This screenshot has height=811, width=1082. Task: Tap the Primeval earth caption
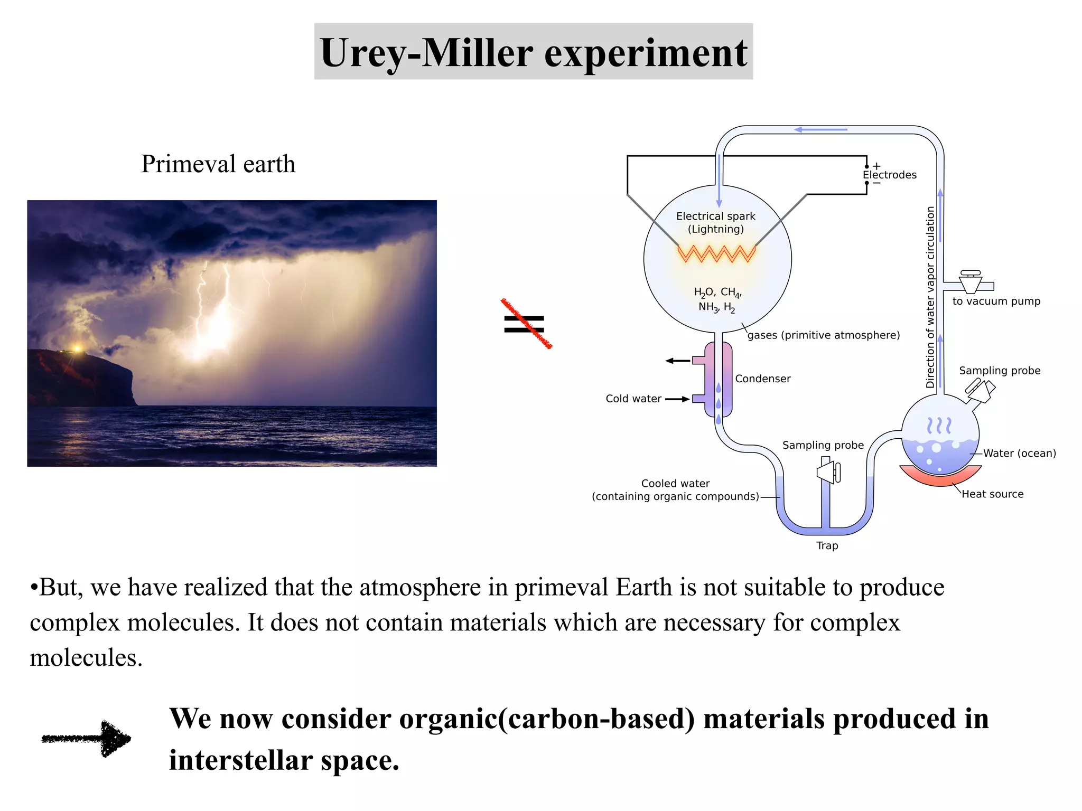tap(218, 164)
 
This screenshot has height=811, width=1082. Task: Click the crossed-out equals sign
tap(525, 324)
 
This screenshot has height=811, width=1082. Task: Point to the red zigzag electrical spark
tap(717, 254)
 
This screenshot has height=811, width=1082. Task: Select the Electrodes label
tap(890, 175)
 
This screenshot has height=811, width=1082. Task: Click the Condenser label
tap(762, 379)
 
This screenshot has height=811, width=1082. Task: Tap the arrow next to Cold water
tap(677, 399)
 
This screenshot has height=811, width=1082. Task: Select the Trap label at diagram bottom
tap(827, 545)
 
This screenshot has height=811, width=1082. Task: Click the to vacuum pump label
tap(996, 301)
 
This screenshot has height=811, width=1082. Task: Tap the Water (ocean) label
tap(1019, 453)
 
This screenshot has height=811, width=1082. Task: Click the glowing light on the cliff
tap(77, 348)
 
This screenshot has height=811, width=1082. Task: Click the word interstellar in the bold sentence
tap(241, 761)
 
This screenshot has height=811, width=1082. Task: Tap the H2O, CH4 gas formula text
tap(717, 292)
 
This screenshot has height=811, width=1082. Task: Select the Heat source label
tap(992, 494)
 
